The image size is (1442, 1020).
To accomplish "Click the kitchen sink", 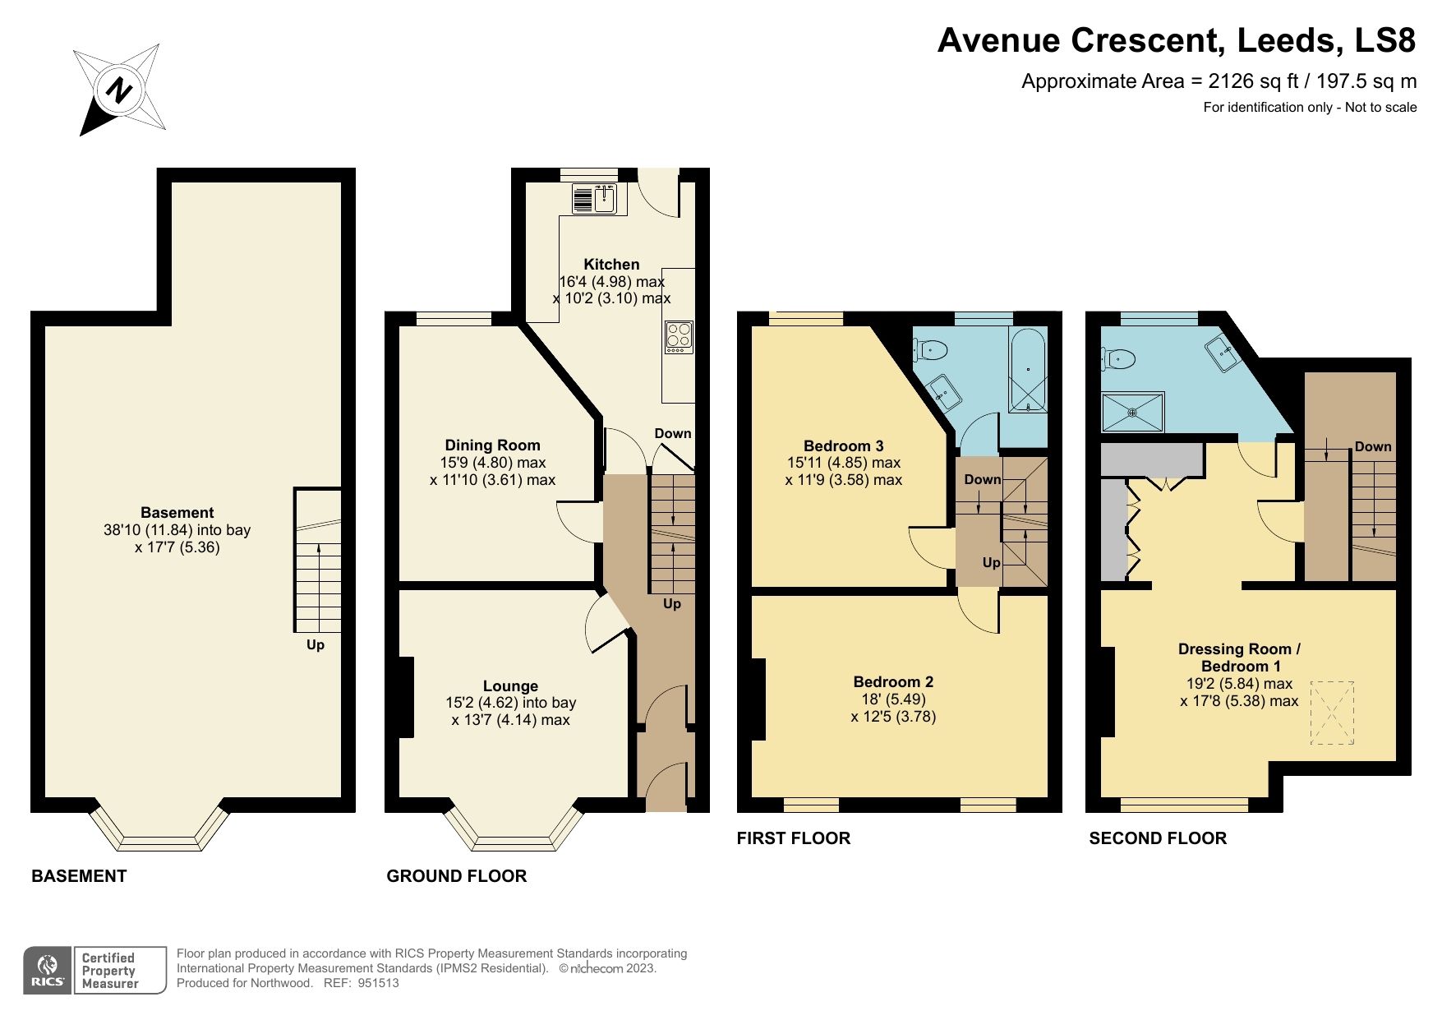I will tap(605, 198).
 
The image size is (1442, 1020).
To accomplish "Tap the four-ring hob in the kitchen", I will tap(679, 337).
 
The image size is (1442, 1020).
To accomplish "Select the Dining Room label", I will tap(492, 445).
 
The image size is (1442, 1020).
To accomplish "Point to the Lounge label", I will tap(510, 685).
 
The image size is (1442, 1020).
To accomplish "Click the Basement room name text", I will tap(177, 512).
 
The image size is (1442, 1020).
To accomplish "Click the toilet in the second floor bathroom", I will tap(1120, 358).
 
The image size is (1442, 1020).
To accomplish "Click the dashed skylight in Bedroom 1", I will tap(1331, 713).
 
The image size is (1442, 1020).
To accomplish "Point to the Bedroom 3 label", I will tap(843, 445).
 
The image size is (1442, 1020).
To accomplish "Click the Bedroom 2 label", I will tap(893, 681).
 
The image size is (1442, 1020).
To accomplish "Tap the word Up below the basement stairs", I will tap(316, 645).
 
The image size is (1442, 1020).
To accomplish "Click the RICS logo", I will tap(48, 971).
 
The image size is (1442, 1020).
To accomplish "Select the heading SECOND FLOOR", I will tap(1157, 838).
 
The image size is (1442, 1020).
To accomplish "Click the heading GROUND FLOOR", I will tap(456, 876).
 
